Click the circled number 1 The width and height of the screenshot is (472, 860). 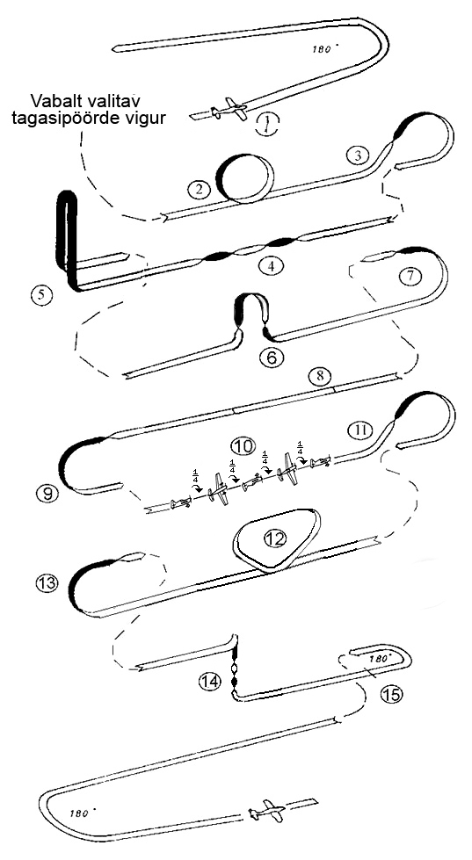coord(268,125)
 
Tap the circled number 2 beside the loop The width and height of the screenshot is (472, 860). coord(199,190)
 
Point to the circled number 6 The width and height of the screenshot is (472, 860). coord(272,358)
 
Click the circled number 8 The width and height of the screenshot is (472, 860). coord(320,376)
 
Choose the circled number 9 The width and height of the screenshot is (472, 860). coord(49,494)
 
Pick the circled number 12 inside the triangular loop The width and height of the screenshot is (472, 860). coord(275,538)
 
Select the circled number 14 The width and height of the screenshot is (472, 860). coord(210,682)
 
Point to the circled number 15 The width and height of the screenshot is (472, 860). coord(391,694)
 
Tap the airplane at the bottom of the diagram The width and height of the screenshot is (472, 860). coord(266,810)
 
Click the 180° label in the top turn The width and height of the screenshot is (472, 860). coord(323,49)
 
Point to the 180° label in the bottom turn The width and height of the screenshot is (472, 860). coord(83,813)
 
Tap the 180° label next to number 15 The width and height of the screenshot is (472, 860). coord(381,658)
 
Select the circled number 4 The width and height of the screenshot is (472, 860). coord(270,266)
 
